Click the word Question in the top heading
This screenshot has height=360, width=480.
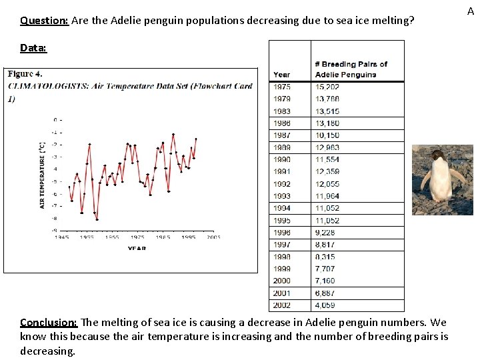pyautogui.click(x=44, y=21)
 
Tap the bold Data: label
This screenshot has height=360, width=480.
pyautogui.click(x=33, y=48)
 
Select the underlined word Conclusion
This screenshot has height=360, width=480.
pyautogui.click(x=49, y=323)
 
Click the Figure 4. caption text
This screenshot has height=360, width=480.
pyautogui.click(x=25, y=74)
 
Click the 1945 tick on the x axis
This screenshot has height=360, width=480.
pyautogui.click(x=61, y=237)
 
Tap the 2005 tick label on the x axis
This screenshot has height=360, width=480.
pyautogui.click(x=213, y=237)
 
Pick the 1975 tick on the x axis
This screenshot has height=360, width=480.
pyautogui.click(x=137, y=237)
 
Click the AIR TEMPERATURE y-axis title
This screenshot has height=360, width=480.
pyautogui.click(x=43, y=175)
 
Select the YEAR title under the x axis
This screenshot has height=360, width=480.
pyautogui.click(x=137, y=249)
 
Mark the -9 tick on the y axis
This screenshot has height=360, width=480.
pyautogui.click(x=56, y=230)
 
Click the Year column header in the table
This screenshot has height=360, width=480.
pyautogui.click(x=281, y=75)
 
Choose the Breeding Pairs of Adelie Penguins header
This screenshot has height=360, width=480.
pyautogui.click(x=351, y=69)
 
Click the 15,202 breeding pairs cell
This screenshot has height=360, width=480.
pyautogui.click(x=327, y=87)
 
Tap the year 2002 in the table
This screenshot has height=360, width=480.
pyautogui.click(x=281, y=305)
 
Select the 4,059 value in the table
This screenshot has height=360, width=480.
pyautogui.click(x=326, y=305)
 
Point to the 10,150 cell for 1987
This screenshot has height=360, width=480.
pyautogui.click(x=327, y=135)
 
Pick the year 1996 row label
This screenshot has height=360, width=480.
pyautogui.click(x=281, y=233)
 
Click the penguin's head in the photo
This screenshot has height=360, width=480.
pyautogui.click(x=437, y=155)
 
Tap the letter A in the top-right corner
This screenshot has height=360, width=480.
pyautogui.click(x=470, y=11)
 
